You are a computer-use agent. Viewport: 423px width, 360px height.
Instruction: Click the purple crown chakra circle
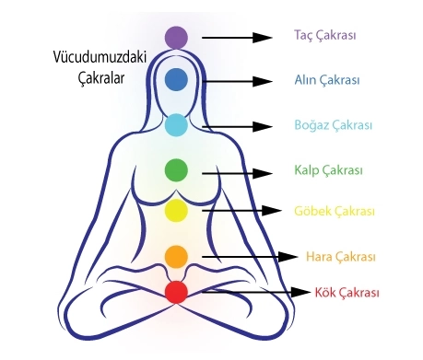pyautogui.click(x=176, y=38)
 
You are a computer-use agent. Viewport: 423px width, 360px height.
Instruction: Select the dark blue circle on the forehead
pyautogui.click(x=176, y=79)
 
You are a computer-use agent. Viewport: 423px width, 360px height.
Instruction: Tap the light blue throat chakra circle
pyautogui.click(x=176, y=125)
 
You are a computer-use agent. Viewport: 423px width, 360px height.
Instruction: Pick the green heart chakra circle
pyautogui.click(x=176, y=170)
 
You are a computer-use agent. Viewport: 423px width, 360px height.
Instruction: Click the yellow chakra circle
pyautogui.click(x=176, y=211)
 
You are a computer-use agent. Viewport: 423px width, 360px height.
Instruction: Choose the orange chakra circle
pyautogui.click(x=176, y=257)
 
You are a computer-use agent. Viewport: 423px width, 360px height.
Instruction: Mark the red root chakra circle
pyautogui.click(x=176, y=293)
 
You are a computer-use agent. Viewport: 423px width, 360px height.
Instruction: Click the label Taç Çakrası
pyautogui.click(x=325, y=35)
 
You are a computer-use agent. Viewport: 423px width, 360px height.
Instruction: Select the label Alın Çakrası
pyautogui.click(x=327, y=80)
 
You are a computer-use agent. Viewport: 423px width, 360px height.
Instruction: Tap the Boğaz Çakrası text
pyautogui.click(x=334, y=125)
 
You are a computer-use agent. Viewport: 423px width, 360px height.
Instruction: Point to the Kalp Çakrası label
pyautogui.click(x=328, y=170)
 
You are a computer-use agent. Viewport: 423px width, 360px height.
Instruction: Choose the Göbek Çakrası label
pyautogui.click(x=335, y=211)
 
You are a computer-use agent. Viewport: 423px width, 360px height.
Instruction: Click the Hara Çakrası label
pyautogui.click(x=341, y=257)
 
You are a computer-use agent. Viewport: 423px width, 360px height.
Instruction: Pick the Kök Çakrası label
pyautogui.click(x=347, y=293)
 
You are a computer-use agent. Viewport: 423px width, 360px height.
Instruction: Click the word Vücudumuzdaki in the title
pyautogui.click(x=100, y=57)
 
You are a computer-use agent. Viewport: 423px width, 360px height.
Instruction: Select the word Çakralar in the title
pyautogui.click(x=101, y=78)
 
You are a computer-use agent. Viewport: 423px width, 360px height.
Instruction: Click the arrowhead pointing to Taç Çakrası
pyautogui.click(x=263, y=38)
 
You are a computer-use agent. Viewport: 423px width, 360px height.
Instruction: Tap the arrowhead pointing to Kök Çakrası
pyautogui.click(x=300, y=292)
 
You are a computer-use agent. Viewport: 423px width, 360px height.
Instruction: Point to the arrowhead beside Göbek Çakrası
pyautogui.click(x=272, y=211)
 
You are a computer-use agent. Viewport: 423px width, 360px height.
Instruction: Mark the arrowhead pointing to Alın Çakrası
pyautogui.click(x=263, y=81)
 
